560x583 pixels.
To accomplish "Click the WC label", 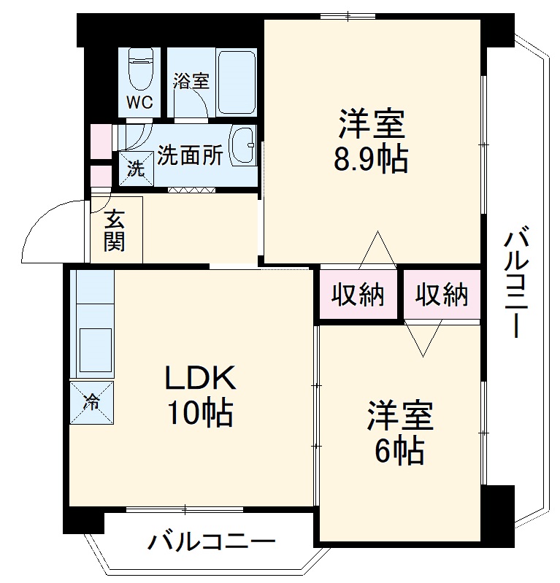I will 141,102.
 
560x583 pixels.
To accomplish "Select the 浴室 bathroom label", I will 191,80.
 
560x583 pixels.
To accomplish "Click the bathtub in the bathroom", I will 236,81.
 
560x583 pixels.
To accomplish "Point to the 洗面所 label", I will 190,155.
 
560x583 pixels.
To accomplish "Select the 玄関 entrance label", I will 114,230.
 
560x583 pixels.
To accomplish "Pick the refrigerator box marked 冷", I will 92,401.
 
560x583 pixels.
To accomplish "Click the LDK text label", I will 199,379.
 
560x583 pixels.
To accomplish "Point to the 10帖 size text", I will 199,414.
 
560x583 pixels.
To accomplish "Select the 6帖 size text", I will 399,452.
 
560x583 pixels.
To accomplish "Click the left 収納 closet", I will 358,296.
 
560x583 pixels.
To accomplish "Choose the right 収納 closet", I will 442,296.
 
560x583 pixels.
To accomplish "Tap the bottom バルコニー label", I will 212,542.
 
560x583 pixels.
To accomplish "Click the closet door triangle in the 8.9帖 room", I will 378,250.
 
